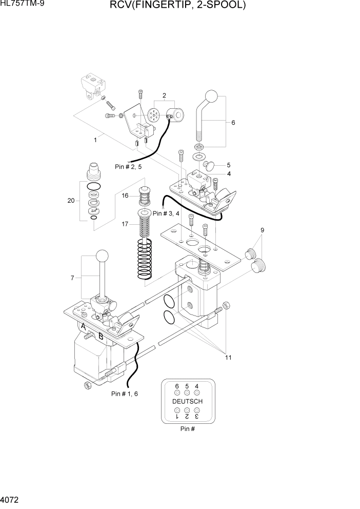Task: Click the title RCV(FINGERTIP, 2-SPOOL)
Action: (177, 6)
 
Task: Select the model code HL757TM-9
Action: (21, 5)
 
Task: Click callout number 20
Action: (71, 201)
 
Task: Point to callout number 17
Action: (125, 224)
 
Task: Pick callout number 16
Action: (125, 195)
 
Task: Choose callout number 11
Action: (228, 357)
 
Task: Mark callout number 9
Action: (262, 230)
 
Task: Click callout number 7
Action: (72, 278)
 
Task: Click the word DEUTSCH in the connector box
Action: (187, 401)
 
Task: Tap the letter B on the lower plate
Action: (101, 337)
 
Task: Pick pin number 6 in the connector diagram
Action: (177, 386)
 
